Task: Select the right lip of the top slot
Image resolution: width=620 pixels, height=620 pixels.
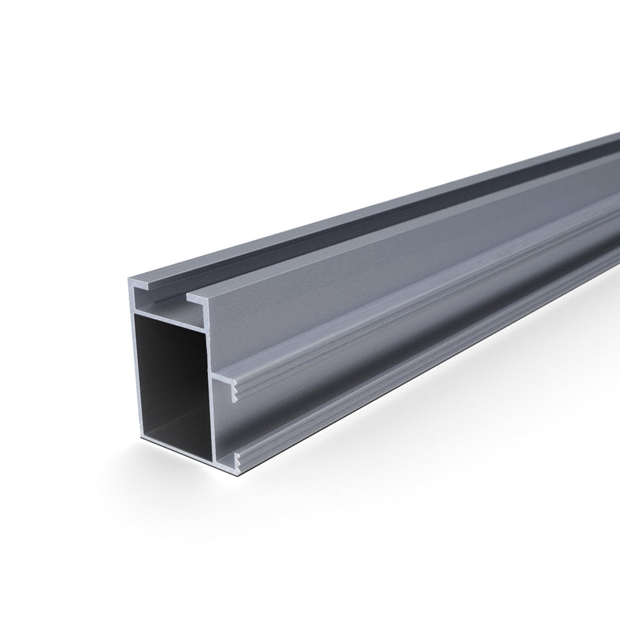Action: pos(200,296)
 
